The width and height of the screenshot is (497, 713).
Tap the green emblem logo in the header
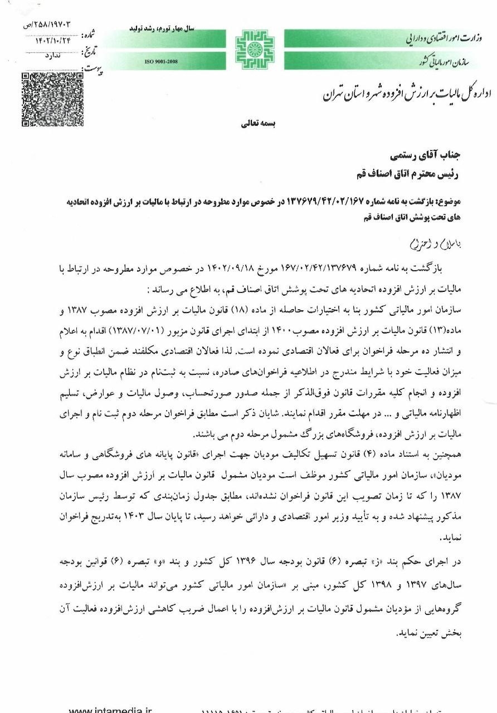click(254, 49)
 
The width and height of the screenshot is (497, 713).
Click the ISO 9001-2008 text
click(160, 60)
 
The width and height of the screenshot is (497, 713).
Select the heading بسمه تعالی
click(255, 124)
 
